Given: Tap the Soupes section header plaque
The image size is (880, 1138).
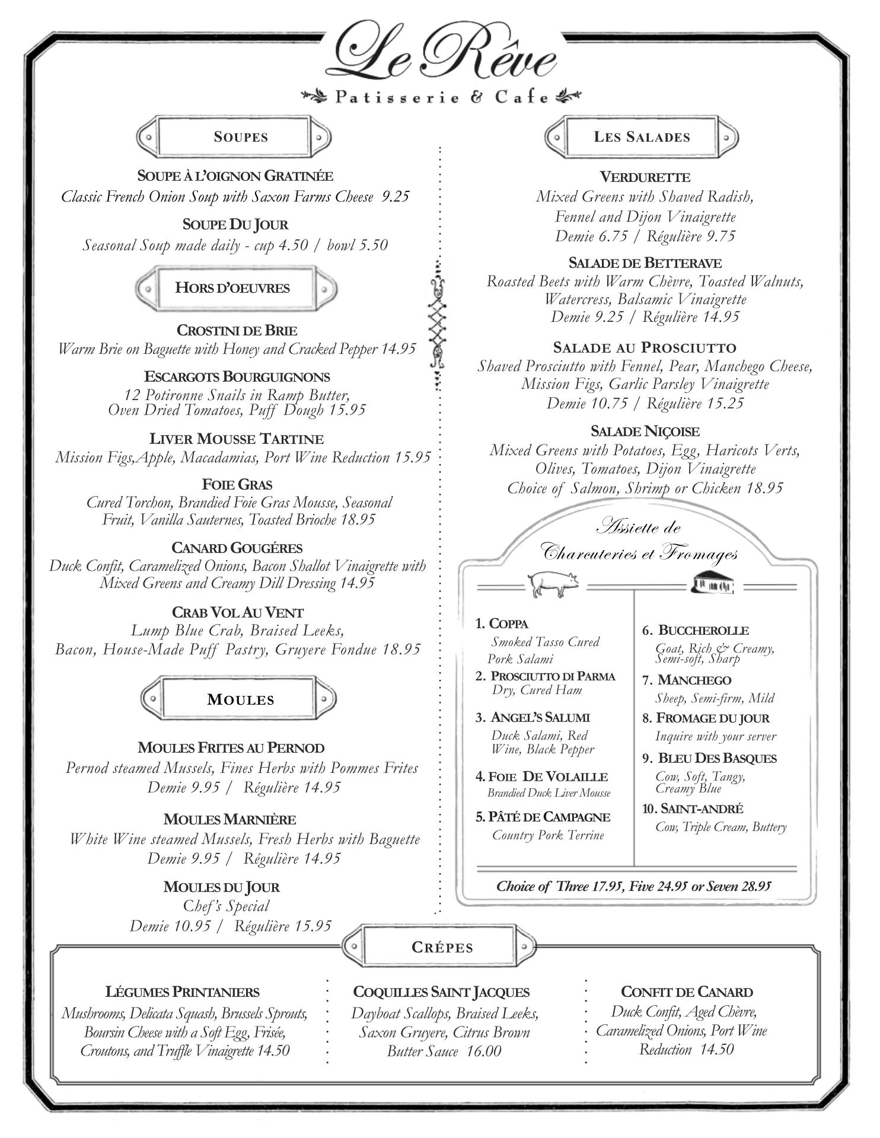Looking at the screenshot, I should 234,137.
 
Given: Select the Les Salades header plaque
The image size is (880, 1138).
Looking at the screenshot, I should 642,137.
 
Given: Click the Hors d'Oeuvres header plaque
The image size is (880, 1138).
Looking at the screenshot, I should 234,289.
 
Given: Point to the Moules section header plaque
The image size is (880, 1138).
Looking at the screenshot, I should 238,699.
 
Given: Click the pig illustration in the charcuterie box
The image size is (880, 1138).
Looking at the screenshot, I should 552,583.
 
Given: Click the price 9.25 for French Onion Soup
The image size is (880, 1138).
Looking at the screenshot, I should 396,197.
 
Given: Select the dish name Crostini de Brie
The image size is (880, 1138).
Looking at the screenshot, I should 237,330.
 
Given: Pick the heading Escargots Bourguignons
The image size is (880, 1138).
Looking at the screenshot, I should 237,377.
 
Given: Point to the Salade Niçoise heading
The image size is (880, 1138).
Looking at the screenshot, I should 645,431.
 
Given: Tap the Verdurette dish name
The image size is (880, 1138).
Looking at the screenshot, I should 645,177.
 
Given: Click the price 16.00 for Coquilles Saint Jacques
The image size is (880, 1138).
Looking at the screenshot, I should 483,1051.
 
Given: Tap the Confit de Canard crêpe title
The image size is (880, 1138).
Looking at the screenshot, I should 687,992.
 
